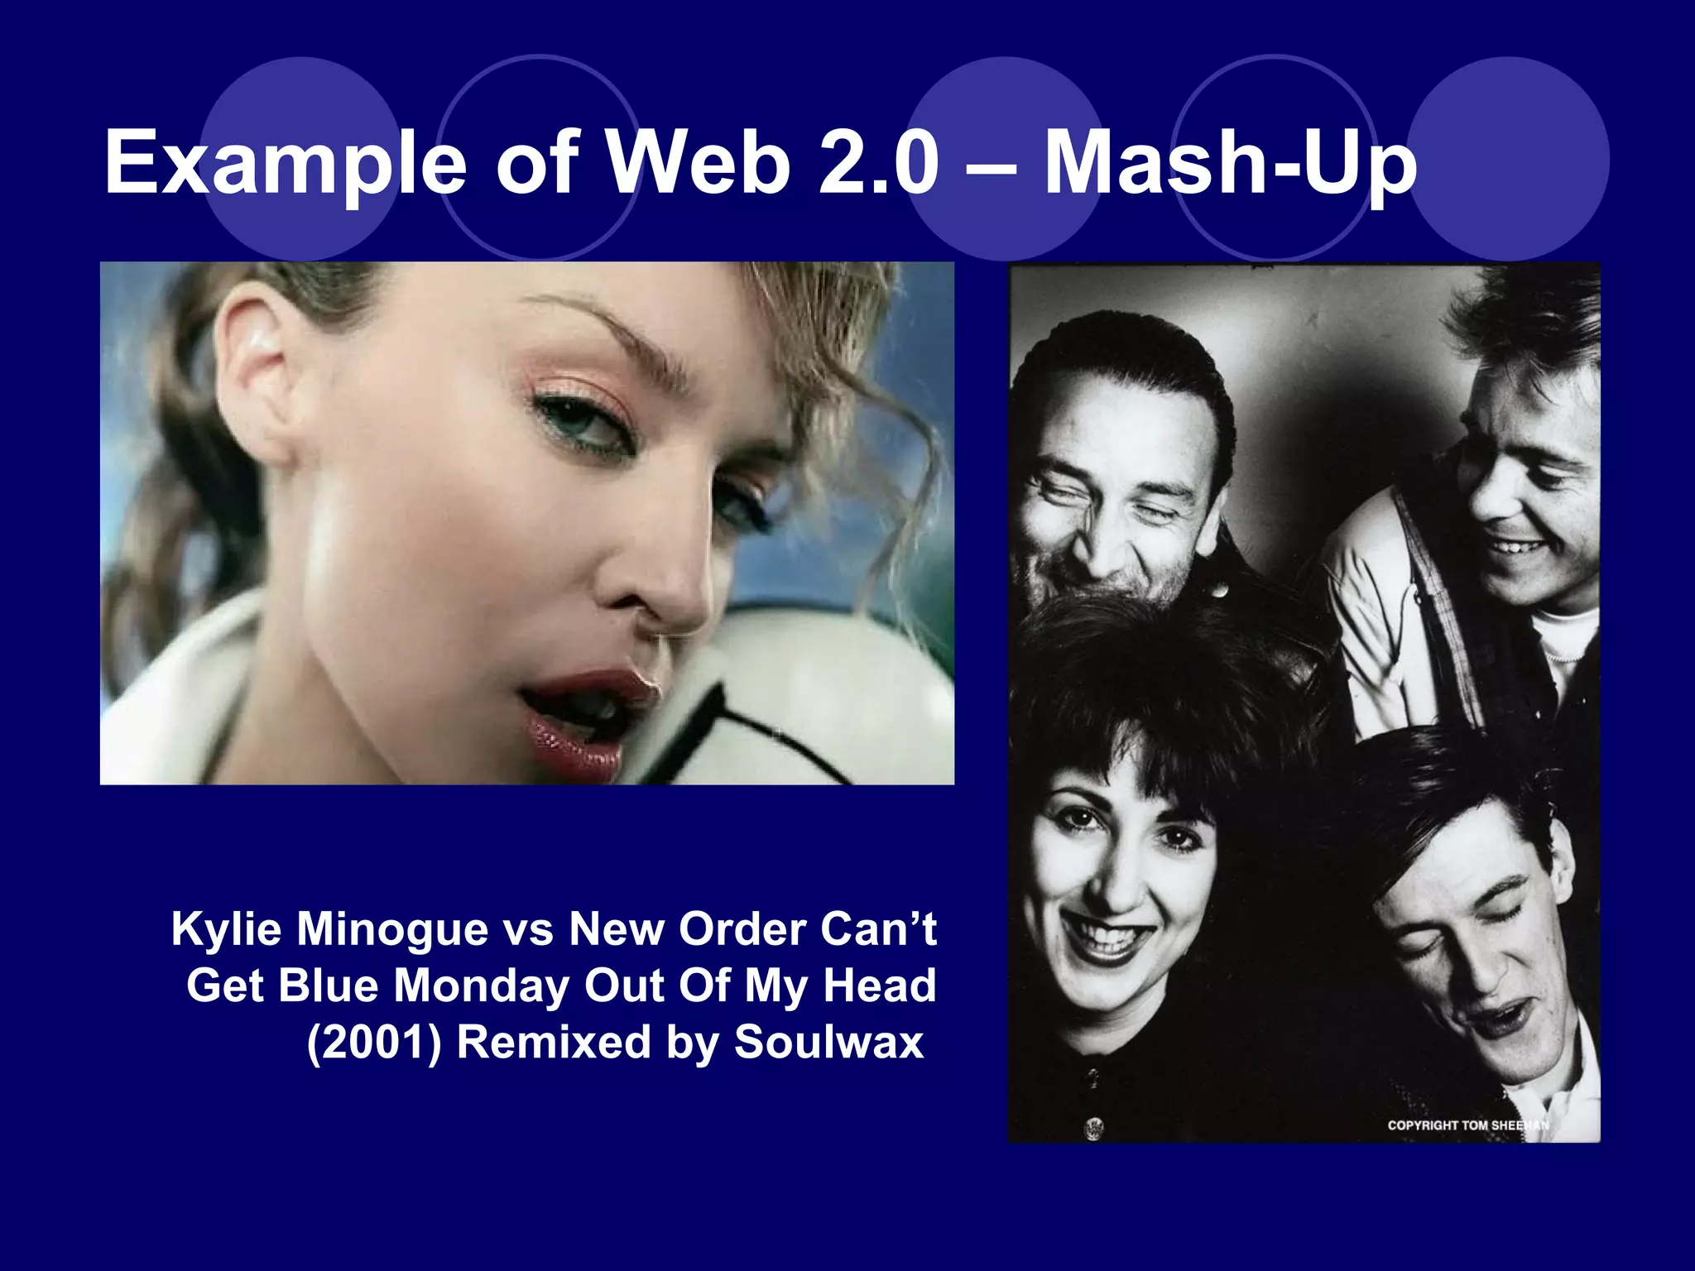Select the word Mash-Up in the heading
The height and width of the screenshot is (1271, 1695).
pyautogui.click(x=1231, y=163)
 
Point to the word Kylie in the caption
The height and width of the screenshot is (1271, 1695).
pyautogui.click(x=227, y=930)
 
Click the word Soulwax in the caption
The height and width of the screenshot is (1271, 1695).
pyautogui.click(x=828, y=1042)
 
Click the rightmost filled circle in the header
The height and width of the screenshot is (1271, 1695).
pyautogui.click(x=1508, y=159)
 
